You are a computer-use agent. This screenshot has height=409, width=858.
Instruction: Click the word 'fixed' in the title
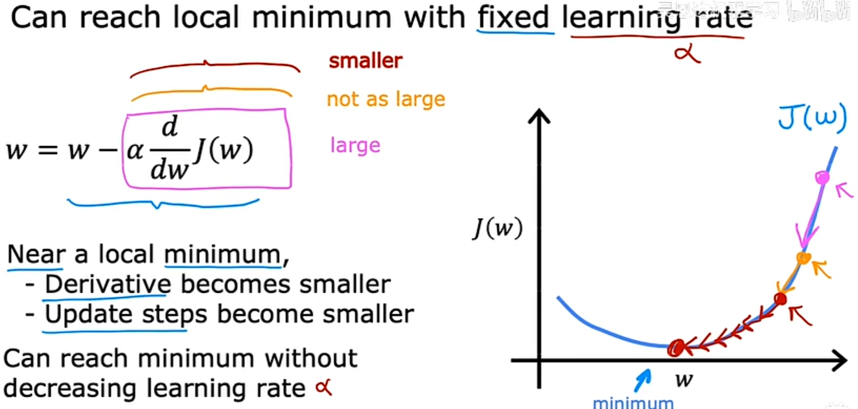[x=513, y=18]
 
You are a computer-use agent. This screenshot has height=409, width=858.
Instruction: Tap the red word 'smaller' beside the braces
[x=366, y=61]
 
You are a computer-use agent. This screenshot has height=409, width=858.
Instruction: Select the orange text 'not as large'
[x=386, y=99]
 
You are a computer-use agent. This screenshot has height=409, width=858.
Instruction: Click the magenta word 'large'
[x=355, y=145]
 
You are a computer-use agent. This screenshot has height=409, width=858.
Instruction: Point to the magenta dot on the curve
[x=822, y=177]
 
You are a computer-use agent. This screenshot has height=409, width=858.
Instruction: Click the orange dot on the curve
[x=803, y=258]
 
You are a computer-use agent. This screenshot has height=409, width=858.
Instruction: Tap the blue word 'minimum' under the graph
[x=633, y=403]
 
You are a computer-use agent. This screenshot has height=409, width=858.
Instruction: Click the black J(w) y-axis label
[x=498, y=228]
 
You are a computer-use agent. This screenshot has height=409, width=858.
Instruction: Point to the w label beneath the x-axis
[x=684, y=380]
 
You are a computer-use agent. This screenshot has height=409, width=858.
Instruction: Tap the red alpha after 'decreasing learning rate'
[x=324, y=388]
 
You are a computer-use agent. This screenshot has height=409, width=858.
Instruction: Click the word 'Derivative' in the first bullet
[x=108, y=284]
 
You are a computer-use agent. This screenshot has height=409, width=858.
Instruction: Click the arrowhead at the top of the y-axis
[x=539, y=115]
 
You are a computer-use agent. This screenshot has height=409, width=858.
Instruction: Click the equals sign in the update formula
[x=48, y=150]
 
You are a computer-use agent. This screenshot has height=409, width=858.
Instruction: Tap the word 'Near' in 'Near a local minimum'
[x=36, y=254]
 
